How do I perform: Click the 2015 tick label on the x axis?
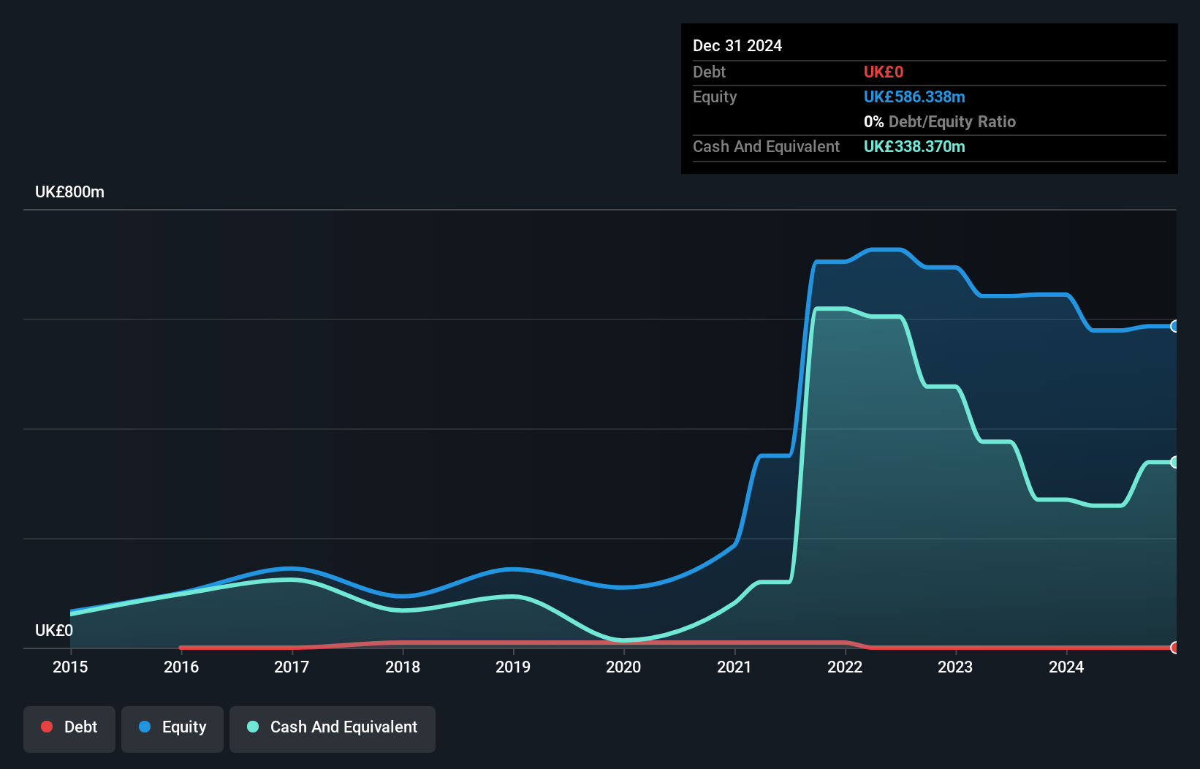coord(70,667)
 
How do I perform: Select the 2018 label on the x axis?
coord(403,667)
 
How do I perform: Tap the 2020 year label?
coord(623,667)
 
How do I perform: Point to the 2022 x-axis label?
coord(845,667)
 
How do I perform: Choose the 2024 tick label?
coord(1066,667)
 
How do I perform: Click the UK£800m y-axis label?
coord(69,192)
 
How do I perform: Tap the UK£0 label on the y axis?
coord(54,630)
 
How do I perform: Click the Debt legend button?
coord(69,727)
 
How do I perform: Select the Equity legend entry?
coord(172,727)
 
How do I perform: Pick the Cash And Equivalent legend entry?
coord(333,727)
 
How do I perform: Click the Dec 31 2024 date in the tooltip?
coord(737,46)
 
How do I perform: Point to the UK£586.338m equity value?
coord(914,97)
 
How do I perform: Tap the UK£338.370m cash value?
coord(914,147)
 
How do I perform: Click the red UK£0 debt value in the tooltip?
coord(883,72)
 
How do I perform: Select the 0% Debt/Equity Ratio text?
coord(940,122)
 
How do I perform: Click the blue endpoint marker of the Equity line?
coord(1174,326)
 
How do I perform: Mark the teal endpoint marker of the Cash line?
coord(1174,462)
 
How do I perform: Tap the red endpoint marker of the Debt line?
coord(1174,648)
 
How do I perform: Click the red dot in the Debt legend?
coord(47,727)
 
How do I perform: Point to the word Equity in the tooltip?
coord(715,97)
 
